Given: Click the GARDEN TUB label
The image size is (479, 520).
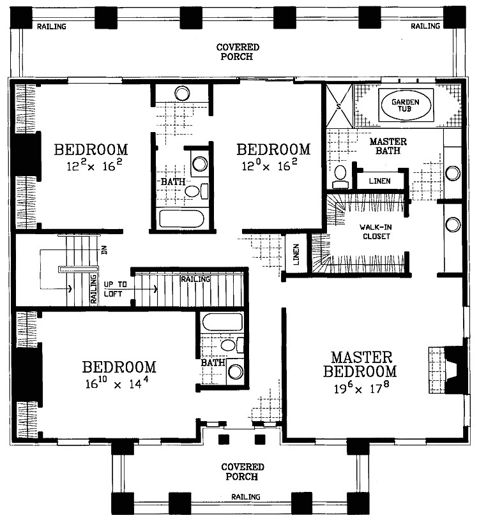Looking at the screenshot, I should (406, 105).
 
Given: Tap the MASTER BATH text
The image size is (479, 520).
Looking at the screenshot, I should (388, 146).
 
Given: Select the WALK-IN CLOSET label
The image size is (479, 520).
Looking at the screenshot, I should (374, 231).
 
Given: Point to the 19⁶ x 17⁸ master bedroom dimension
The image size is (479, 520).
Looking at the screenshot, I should (360, 389).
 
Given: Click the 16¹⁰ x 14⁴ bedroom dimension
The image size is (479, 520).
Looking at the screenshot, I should (119, 384).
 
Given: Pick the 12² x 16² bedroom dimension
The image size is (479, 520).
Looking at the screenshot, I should (91, 167).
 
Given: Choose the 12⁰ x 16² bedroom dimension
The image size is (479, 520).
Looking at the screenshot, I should (273, 167).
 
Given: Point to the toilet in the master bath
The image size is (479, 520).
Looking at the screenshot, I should (340, 175).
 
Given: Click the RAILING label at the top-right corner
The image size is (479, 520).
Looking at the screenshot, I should (425, 26).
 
